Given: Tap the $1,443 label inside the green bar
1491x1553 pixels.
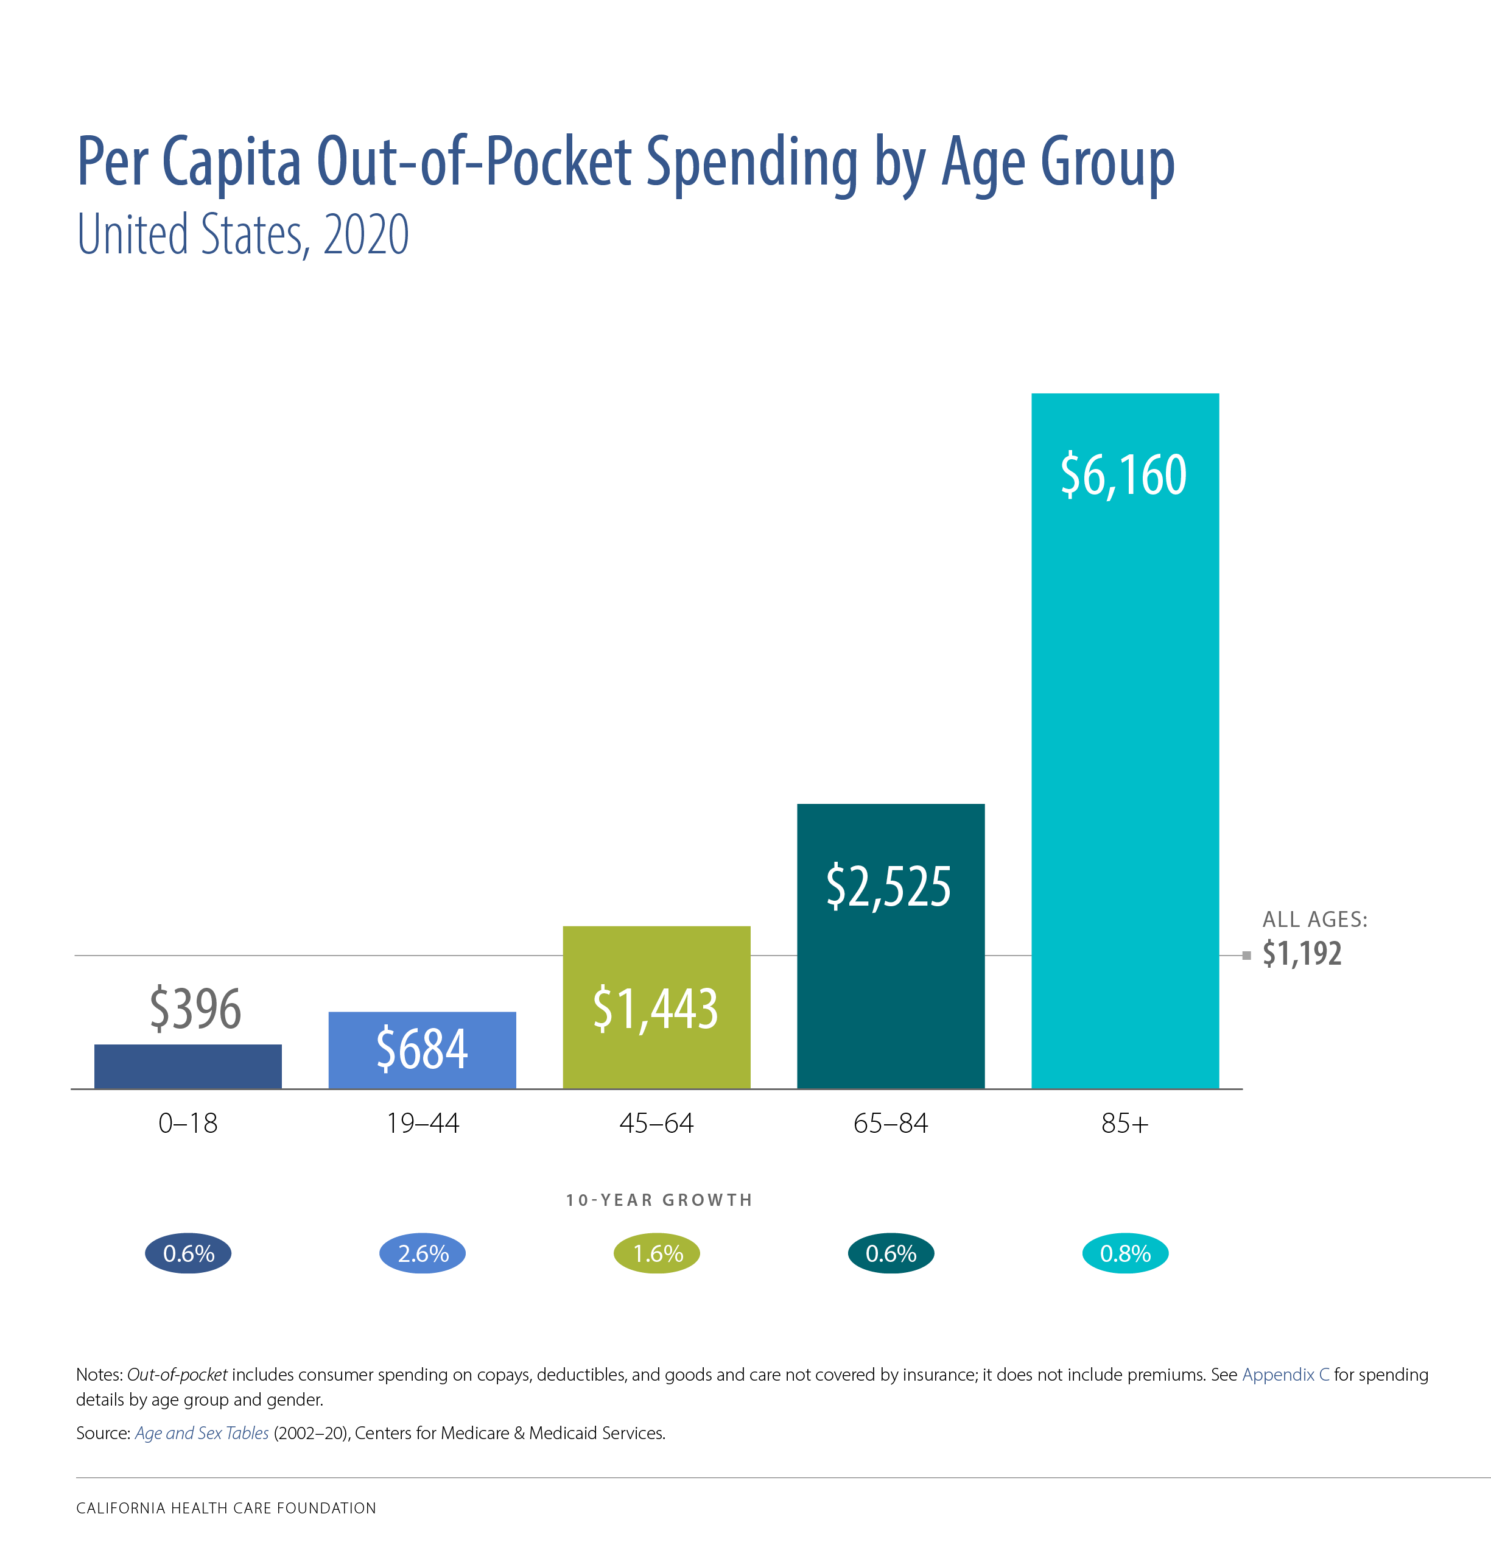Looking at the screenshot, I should [655, 1008].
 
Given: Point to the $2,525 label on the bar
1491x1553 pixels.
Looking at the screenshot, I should [888, 886].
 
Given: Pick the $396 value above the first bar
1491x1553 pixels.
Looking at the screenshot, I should [195, 1008].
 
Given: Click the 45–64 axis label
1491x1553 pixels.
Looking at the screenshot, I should [656, 1123].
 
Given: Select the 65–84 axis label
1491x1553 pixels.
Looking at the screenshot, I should [891, 1123].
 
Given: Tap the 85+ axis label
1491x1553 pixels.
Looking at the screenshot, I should [1124, 1123].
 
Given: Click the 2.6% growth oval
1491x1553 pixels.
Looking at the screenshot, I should [423, 1253].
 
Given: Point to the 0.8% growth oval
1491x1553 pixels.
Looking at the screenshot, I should [1125, 1253].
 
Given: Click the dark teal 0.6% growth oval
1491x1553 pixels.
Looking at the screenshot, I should [891, 1253].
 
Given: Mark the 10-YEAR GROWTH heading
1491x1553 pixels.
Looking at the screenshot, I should [658, 1200].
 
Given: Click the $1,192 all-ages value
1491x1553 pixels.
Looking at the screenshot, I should [1302, 953].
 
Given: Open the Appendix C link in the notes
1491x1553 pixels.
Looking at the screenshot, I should [1285, 1375].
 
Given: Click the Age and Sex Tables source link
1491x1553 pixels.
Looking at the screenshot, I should [202, 1432].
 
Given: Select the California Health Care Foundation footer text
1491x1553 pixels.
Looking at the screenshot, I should [226, 1508].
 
